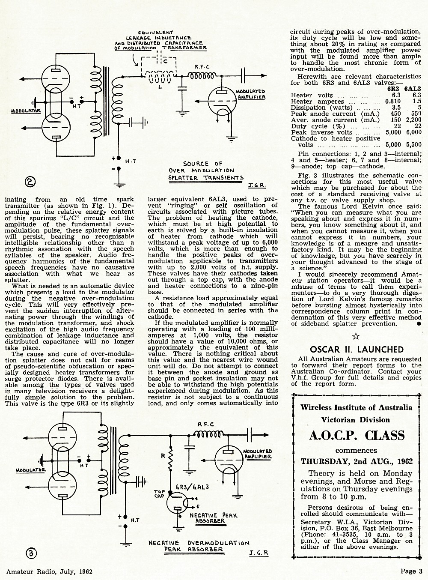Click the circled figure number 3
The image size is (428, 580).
point(31,553)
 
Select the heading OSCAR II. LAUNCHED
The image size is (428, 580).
point(357,350)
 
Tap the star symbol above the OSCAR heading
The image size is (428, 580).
point(356,336)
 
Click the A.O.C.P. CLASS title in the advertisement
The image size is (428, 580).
point(357,435)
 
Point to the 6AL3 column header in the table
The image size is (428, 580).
point(413,89)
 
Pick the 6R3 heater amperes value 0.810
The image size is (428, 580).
point(393,101)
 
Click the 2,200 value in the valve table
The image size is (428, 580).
point(413,120)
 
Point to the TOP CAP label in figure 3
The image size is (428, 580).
point(160,493)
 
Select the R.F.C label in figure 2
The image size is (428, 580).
point(202,67)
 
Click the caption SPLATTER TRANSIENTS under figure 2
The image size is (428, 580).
point(206,178)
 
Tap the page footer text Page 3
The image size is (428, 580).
point(411,571)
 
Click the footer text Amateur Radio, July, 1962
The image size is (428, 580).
point(49,571)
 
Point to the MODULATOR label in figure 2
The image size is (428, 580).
point(26,111)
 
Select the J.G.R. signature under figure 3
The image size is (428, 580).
point(259,553)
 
